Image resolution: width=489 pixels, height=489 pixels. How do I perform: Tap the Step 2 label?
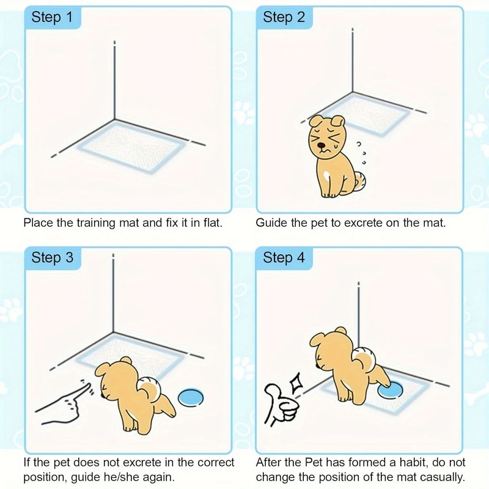click(x=284, y=17)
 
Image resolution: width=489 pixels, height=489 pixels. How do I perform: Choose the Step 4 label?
click(x=284, y=258)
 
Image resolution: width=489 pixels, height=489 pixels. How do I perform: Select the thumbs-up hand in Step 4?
click(x=280, y=406)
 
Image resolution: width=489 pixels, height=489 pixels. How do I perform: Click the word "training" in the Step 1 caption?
click(x=95, y=222)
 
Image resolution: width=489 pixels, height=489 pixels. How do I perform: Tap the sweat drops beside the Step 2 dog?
click(x=361, y=153)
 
